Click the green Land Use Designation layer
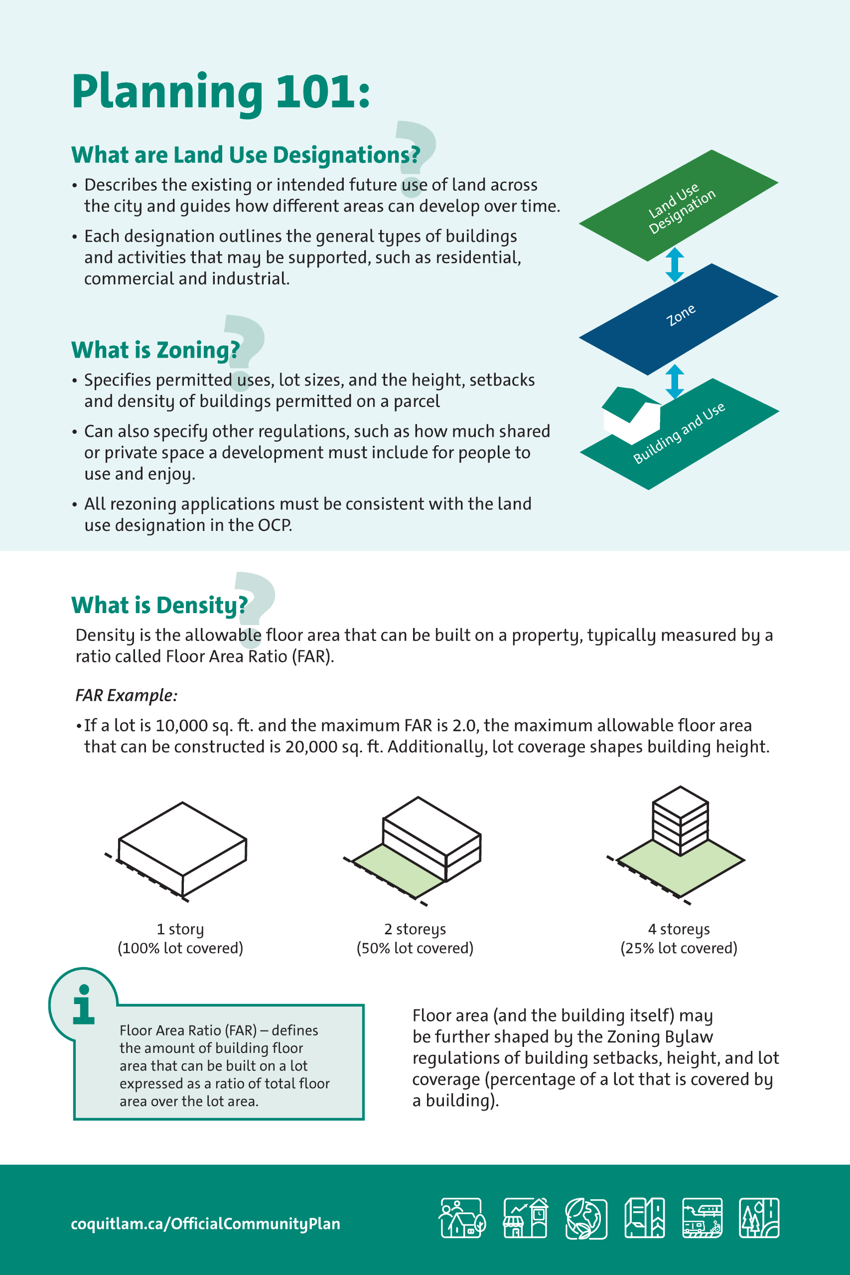coord(678,205)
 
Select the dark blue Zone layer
coord(678,319)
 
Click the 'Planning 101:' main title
coord(221,92)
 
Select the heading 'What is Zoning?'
coord(155,350)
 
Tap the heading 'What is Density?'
coord(159,605)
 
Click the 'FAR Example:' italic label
coord(127,695)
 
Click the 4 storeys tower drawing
coord(680,845)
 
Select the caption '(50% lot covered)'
coord(415,948)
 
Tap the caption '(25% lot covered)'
coord(679,948)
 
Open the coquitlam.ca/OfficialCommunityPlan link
coord(205,1224)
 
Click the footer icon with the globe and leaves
coord(586,1218)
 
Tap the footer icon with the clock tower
coord(525,1218)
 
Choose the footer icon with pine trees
coord(759,1218)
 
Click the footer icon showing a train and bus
coord(702,1218)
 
